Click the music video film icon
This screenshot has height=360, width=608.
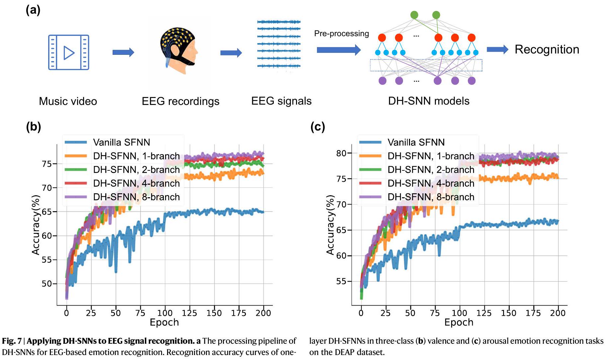click(68, 52)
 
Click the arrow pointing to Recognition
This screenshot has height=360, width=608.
click(497, 49)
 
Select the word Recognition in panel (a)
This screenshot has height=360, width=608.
click(547, 49)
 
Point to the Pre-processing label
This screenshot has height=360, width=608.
click(341, 34)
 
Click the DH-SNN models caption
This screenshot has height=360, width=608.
click(429, 101)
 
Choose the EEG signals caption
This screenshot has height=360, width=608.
click(281, 101)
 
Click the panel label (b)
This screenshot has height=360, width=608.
click(33, 127)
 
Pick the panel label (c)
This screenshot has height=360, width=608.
click(317, 127)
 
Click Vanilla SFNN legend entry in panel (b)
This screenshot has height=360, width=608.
click(121, 142)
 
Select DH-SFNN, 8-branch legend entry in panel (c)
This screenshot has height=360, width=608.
click(431, 197)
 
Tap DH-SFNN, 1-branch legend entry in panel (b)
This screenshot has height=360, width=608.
click(136, 156)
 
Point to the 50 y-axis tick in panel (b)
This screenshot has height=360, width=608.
click(47, 284)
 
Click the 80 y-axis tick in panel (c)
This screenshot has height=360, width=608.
click(341, 153)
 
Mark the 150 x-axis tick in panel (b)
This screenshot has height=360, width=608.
click(214, 313)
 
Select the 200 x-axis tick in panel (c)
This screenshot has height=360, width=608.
click(557, 313)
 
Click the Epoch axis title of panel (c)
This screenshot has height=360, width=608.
click(458, 322)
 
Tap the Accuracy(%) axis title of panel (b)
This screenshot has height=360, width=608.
click(36, 225)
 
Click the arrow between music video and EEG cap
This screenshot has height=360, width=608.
click(123, 52)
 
